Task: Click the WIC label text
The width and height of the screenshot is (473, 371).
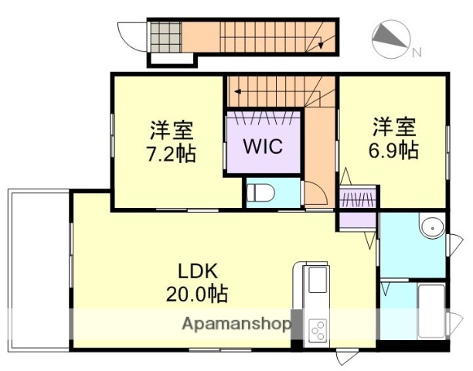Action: pyautogui.click(x=264, y=146)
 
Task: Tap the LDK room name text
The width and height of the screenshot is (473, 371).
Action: pyautogui.click(x=200, y=271)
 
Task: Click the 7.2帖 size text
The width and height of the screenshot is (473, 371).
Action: pyautogui.click(x=171, y=152)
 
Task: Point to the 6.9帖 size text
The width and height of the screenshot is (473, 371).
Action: pyautogui.click(x=396, y=148)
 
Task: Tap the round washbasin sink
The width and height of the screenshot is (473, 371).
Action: pyautogui.click(x=430, y=227)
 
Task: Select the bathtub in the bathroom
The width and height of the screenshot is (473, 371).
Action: pyautogui.click(x=430, y=309)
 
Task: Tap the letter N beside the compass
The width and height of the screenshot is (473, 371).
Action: pyautogui.click(x=416, y=53)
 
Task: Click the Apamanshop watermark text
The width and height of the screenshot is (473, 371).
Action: pyautogui.click(x=236, y=324)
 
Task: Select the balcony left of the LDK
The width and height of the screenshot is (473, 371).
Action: pyautogui.click(x=39, y=267)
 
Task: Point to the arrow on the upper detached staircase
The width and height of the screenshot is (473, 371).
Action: pyautogui.click(x=318, y=45)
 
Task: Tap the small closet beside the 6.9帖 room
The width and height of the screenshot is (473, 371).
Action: pyautogui.click(x=357, y=199)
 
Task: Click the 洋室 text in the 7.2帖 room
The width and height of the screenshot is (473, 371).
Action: pyautogui.click(x=171, y=128)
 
